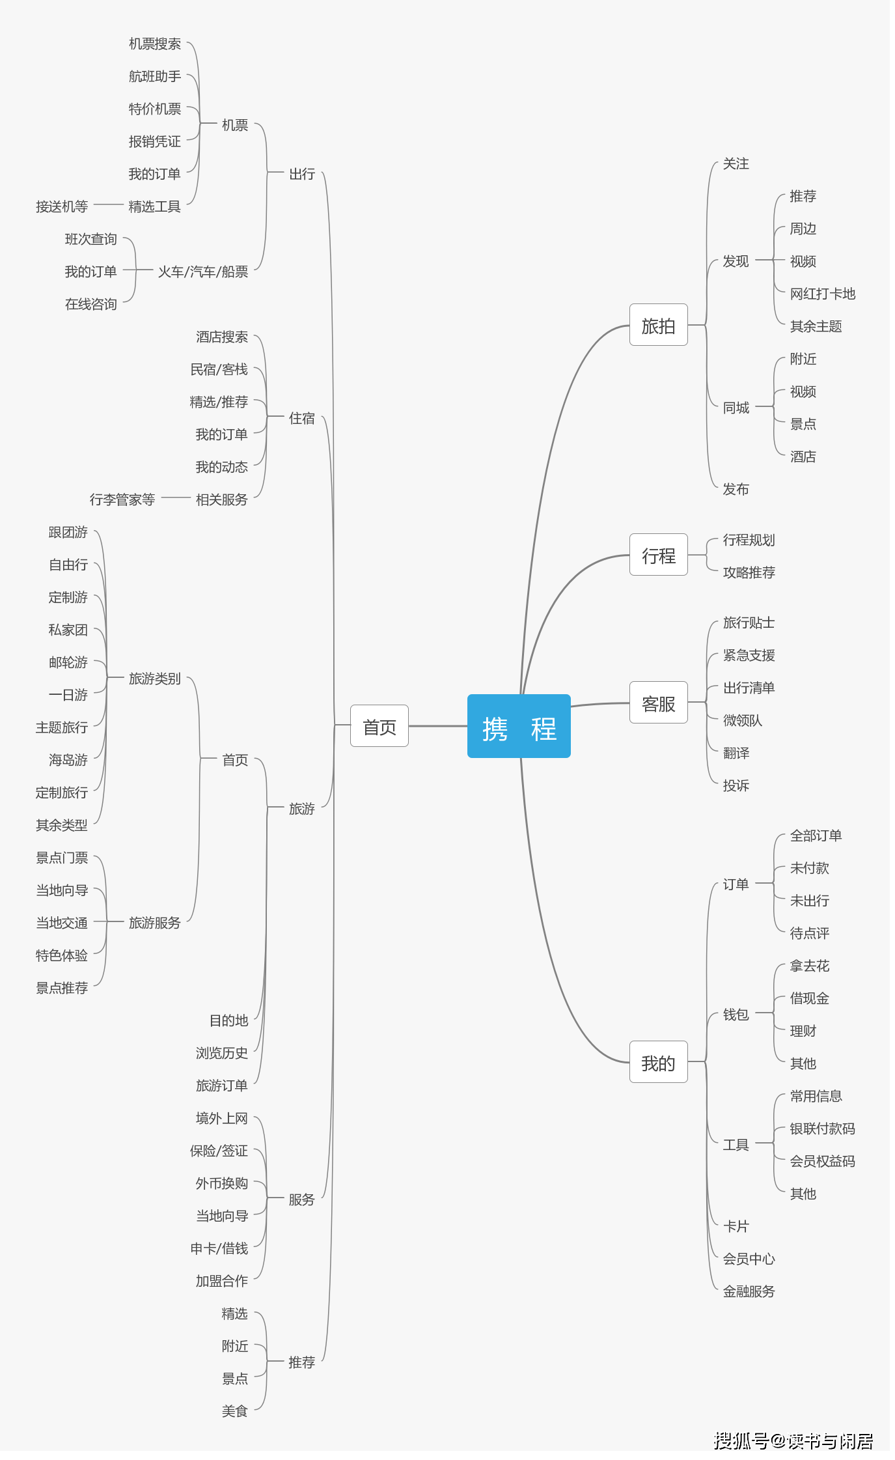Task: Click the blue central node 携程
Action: tap(519, 726)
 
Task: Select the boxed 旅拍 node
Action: tap(658, 325)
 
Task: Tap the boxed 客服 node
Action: tap(658, 703)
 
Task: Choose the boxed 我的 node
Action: tap(658, 1062)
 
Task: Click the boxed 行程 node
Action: tap(658, 555)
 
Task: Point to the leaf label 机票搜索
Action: tap(155, 44)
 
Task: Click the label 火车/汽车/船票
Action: tap(203, 272)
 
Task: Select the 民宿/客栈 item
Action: tap(219, 369)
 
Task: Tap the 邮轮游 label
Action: tap(68, 662)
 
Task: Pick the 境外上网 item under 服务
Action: tap(221, 1118)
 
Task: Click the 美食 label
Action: tap(234, 1411)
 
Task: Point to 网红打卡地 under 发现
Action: tap(822, 294)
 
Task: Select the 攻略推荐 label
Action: tap(749, 572)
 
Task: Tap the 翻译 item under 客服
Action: tap(736, 753)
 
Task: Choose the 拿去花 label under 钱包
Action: tap(809, 966)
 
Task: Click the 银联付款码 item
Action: tap(822, 1129)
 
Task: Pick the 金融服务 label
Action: tap(749, 1291)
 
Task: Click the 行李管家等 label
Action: tap(122, 499)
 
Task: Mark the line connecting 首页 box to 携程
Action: tap(437, 725)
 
